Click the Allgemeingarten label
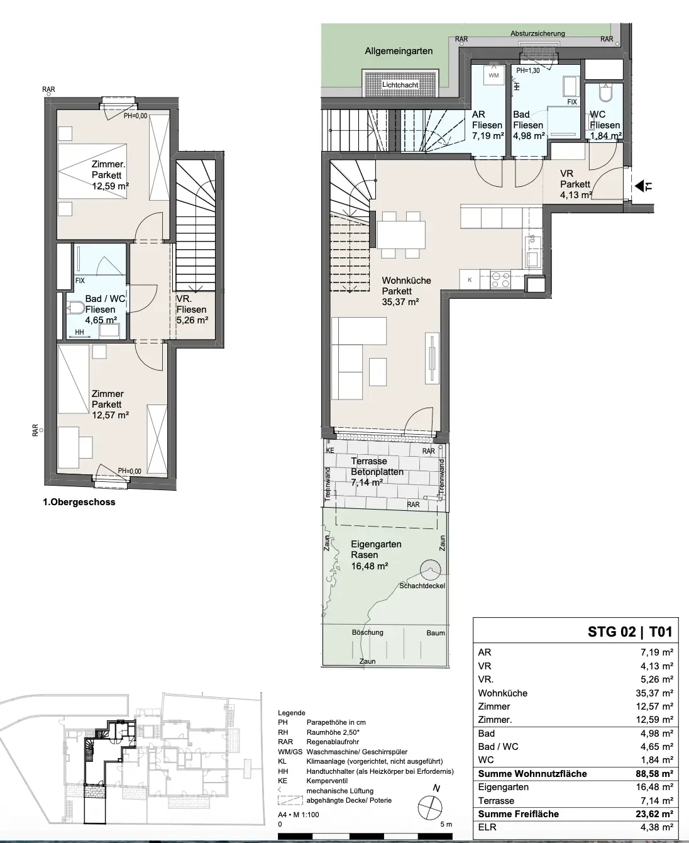click(399, 51)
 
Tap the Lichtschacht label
click(400, 85)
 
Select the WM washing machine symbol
click(493, 75)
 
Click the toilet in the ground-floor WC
click(606, 93)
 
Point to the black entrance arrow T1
click(640, 186)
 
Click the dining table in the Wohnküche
click(401, 235)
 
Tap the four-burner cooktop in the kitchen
click(500, 279)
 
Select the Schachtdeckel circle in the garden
click(431, 569)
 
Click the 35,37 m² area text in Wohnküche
click(400, 302)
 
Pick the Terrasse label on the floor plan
click(368, 461)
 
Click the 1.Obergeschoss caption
click(79, 503)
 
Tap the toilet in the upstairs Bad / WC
click(75, 308)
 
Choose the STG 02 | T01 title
click(630, 632)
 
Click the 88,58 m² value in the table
click(654, 773)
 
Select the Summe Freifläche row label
click(519, 814)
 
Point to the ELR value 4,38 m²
click(657, 827)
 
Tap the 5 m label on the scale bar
click(446, 825)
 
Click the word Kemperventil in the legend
click(327, 781)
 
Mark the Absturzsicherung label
click(537, 33)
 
